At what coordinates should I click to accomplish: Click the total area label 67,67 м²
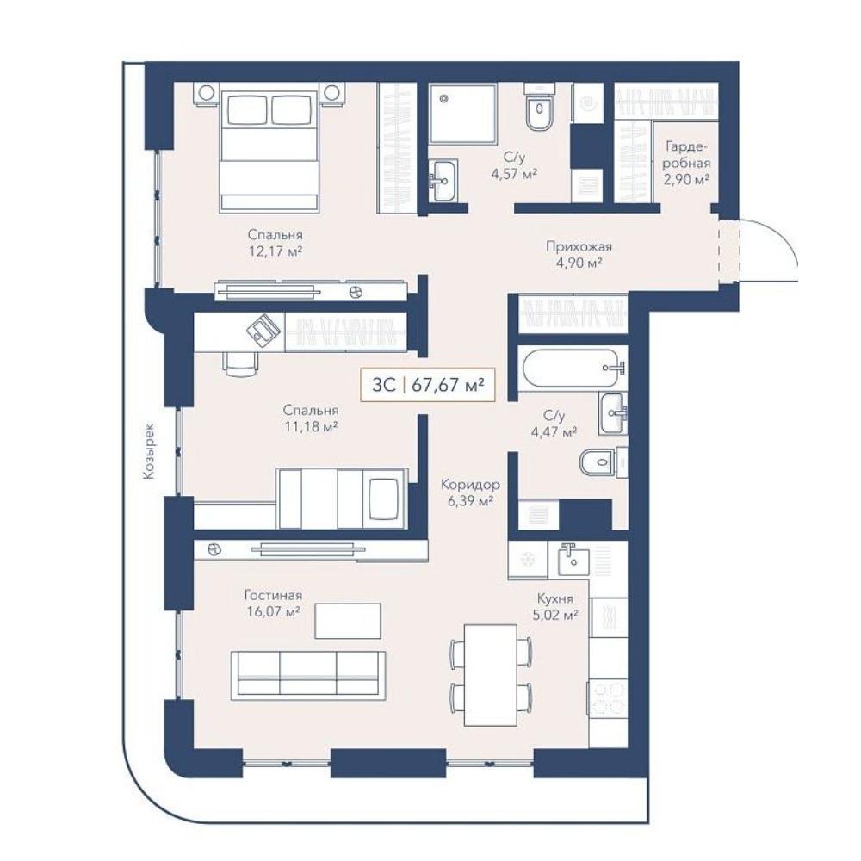pos(448,384)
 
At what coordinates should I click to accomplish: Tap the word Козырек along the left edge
pos(149,451)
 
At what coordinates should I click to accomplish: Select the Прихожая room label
pos(579,246)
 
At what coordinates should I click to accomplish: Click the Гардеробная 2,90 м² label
pos(686,163)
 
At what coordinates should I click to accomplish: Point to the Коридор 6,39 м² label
pos(470,492)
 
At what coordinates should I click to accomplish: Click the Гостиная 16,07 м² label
pos(273,603)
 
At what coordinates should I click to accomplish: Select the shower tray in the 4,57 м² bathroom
pos(463,114)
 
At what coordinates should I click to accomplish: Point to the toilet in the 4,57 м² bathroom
pos(540,108)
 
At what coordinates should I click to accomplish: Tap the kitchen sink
pos(573,559)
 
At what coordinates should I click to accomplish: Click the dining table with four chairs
pos(491,674)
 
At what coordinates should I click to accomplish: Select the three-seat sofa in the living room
pos(308,675)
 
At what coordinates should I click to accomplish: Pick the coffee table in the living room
pos(348,621)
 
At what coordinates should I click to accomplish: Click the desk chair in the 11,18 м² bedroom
pos(240,363)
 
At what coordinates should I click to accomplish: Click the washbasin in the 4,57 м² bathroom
pos(443,179)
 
